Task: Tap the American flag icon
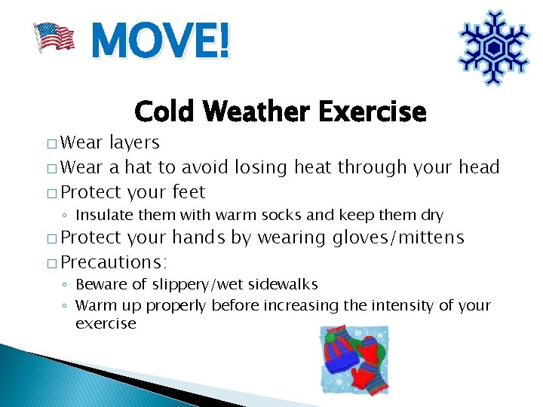[x=54, y=37]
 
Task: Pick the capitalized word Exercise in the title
[x=372, y=112]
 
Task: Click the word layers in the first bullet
[x=135, y=142]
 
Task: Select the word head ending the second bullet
[x=479, y=167]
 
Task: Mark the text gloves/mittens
[x=399, y=238]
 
